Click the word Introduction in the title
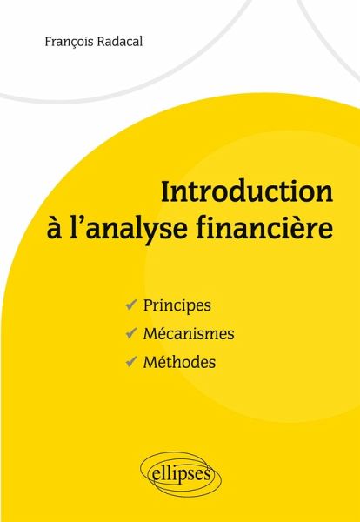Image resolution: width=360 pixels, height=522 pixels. [247, 191]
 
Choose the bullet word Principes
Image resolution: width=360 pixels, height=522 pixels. [177, 305]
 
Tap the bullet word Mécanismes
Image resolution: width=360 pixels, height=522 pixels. [189, 333]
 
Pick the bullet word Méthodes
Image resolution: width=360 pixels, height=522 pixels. [179, 362]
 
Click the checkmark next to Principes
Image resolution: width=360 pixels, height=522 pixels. [131, 304]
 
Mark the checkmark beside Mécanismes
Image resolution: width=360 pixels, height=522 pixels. [131, 333]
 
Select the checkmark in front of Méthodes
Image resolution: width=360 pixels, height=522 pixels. [131, 361]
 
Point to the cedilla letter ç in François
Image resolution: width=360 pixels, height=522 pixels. [68, 43]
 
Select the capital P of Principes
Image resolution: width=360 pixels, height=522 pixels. [148, 305]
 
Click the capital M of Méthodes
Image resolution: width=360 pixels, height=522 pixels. [150, 362]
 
